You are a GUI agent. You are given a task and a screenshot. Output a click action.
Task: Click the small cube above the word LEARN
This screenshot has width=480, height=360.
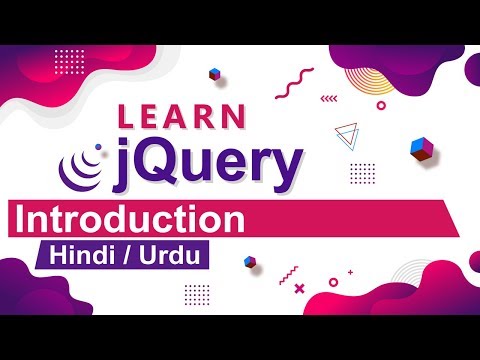214,74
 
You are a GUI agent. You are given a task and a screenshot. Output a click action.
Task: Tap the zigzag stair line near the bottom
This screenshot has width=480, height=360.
289,271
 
